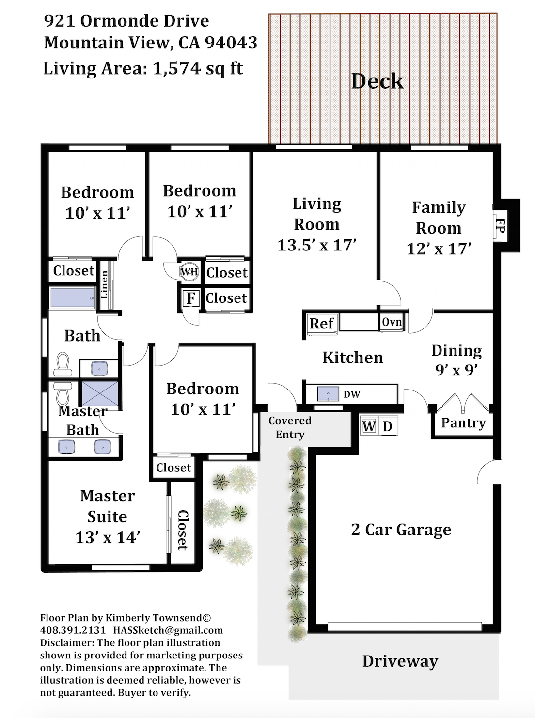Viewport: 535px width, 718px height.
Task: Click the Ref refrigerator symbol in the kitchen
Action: click(322, 323)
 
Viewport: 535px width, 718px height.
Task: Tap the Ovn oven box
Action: click(392, 322)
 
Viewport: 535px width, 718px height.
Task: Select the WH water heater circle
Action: click(189, 271)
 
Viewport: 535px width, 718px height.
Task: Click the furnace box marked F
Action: click(191, 298)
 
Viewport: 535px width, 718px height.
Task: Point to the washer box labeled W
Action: click(369, 426)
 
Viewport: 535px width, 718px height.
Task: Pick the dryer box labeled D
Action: click(388, 426)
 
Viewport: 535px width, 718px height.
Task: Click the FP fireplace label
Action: click(500, 226)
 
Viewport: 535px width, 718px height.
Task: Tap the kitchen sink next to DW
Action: click(328, 394)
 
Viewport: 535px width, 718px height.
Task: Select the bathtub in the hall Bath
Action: click(73, 298)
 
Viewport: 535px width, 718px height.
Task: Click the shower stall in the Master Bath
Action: click(100, 393)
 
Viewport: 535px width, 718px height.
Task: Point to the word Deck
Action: click(378, 81)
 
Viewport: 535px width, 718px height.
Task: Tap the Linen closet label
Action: click(104, 285)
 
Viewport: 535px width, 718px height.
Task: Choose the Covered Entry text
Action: click(290, 428)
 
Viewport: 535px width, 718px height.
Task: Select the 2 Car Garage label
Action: click(401, 530)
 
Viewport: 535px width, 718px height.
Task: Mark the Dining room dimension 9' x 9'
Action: click(456, 370)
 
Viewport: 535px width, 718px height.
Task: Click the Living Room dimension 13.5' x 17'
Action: click(317, 245)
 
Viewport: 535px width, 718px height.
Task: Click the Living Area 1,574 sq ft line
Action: click(143, 69)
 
